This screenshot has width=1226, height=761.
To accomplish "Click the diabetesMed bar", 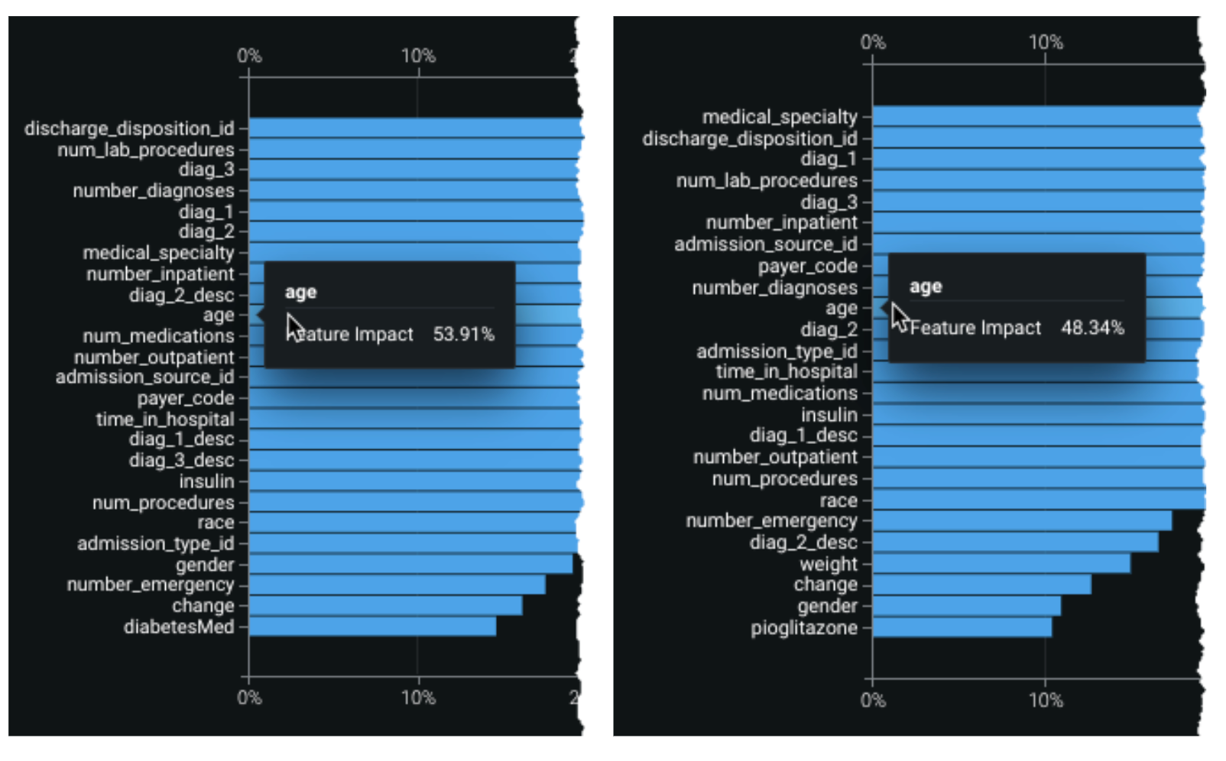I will coord(372,627).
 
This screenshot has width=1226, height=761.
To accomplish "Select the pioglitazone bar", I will coord(962,628).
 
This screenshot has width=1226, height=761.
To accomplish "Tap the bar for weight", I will coord(1001,564).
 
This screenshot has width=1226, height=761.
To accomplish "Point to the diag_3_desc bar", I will coord(413,460).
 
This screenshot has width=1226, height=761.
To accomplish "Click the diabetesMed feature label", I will coord(179,627).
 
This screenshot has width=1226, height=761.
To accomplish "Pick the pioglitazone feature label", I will coord(803,628).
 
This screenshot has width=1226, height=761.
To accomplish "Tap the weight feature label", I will coord(828,564).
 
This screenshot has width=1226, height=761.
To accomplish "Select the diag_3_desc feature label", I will coord(181,460).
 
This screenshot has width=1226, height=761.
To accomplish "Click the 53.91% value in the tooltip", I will coord(463,335).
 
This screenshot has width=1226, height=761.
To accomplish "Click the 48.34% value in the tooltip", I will coord(1092,329).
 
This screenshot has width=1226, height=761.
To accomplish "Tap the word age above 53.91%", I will coord(300,292).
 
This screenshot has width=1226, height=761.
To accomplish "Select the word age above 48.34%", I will coord(925,287).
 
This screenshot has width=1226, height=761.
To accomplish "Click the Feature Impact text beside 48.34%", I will coord(975,329).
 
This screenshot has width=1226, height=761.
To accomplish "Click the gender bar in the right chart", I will coord(966,606).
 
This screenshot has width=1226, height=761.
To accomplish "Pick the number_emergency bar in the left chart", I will coord(397,585).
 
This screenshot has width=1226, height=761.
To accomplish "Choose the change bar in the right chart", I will coord(981,585).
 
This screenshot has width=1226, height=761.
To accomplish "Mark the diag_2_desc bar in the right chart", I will coord(1015,542).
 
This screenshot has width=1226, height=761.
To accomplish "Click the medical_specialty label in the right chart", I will coord(780,117).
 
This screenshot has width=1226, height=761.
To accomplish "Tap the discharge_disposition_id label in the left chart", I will coord(128,128).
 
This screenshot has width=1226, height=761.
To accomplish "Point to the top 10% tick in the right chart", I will coord(1045,43).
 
